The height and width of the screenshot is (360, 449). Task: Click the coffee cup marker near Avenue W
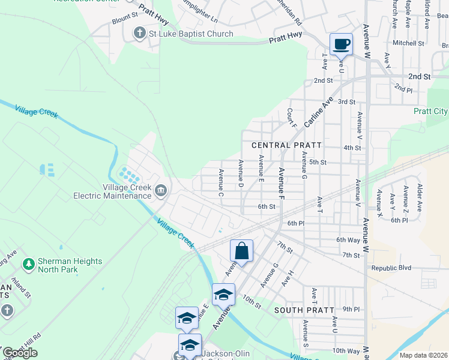point(341,44)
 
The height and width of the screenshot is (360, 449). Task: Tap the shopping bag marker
point(241,251)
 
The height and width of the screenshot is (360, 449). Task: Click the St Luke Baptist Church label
point(191,34)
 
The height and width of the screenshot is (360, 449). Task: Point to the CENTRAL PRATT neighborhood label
point(287,145)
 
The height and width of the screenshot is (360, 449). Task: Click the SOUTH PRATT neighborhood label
point(300,310)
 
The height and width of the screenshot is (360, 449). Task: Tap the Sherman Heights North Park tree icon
point(28,263)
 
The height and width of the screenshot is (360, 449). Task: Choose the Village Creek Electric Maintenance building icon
point(161,191)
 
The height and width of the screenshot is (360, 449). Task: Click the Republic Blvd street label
point(391,268)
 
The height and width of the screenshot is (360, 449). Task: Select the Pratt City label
point(430,111)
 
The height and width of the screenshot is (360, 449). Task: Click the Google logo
point(20,352)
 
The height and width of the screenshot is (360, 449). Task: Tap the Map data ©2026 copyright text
point(423,355)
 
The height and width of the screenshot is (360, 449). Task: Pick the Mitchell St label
point(408,43)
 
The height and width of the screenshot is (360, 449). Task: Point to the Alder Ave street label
point(420,197)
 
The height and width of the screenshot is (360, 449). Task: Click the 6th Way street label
point(348,239)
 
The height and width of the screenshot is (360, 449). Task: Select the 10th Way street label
point(346,350)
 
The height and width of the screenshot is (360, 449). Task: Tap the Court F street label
point(292,118)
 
